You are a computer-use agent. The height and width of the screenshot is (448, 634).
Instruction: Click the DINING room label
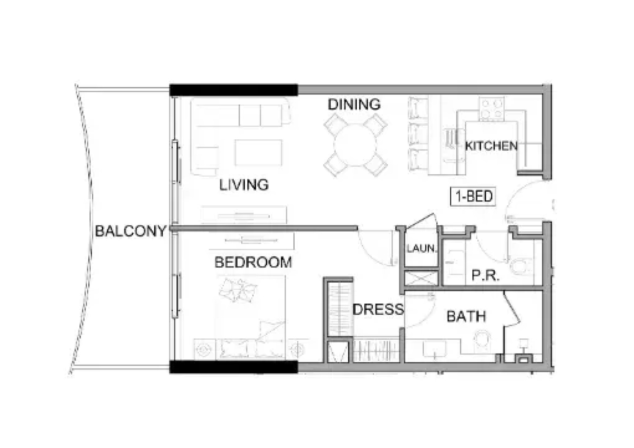pos(354,104)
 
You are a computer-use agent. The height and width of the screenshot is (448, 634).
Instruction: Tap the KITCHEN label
pos(491,146)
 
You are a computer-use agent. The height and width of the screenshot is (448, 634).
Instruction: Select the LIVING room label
pos(244,184)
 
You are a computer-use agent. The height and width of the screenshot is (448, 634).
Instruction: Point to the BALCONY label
pos(131,231)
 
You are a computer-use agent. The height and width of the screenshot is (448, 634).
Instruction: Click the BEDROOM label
pos(254,262)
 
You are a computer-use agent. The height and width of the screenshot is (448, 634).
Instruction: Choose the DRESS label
pos(378,309)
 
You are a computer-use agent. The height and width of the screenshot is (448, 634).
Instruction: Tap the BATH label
pos(466,316)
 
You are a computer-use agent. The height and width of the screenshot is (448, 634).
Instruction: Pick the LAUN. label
pos(422,248)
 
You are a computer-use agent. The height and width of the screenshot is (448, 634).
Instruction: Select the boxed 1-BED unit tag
pos(473,196)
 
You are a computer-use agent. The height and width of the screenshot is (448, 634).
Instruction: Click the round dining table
pos(356,145)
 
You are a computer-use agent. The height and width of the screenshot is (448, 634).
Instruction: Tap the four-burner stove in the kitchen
pos(491,108)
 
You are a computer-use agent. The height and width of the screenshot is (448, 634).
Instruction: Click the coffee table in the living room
pos(258,152)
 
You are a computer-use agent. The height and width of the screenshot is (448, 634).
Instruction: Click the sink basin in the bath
pos(434,349)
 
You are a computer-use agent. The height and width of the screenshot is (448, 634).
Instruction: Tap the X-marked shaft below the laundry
pos(422,278)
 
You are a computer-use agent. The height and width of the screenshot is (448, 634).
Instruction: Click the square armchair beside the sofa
pos(208,158)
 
